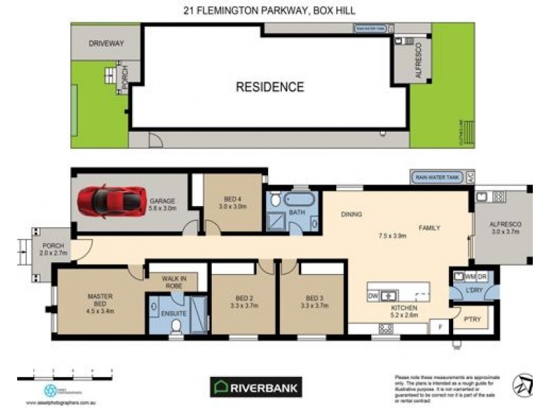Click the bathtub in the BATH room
(x=300, y=201)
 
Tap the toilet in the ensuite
(x=177, y=325)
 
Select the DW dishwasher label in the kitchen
(x=373, y=296)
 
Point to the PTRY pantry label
(x=472, y=319)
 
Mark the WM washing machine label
(x=472, y=276)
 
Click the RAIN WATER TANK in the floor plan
(x=437, y=177)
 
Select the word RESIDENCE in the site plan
(x=269, y=87)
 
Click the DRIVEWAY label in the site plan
(x=106, y=43)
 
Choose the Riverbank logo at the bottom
(x=255, y=387)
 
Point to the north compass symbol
(x=526, y=385)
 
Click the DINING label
(x=351, y=214)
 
